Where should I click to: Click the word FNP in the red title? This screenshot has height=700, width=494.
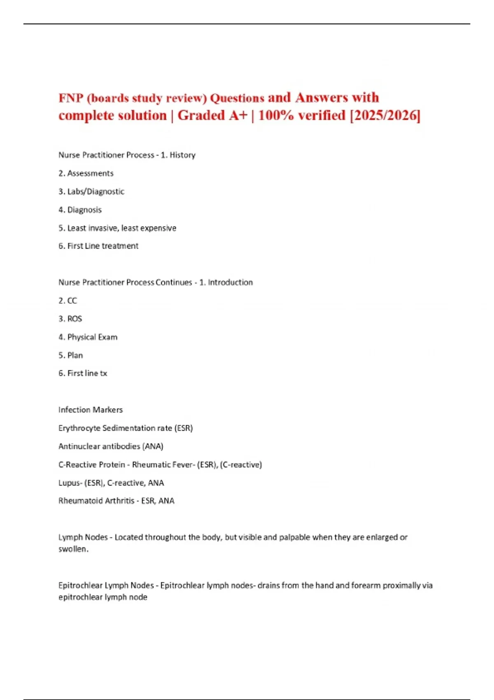click(71, 98)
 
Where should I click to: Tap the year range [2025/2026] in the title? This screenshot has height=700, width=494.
click(385, 115)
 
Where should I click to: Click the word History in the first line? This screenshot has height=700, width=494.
click(182, 155)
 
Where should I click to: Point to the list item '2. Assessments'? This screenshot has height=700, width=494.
click(86, 173)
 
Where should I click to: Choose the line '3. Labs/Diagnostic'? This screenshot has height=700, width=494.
click(91, 191)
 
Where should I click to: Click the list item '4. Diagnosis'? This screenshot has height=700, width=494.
click(80, 210)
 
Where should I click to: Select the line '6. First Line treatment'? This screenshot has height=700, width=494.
click(98, 246)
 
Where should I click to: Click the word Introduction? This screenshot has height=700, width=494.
click(230, 282)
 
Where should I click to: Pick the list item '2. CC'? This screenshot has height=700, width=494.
click(68, 301)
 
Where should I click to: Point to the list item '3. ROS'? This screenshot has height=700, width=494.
click(70, 319)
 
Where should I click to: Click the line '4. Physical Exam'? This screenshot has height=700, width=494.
click(88, 337)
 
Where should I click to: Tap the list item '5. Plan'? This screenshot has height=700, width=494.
click(70, 355)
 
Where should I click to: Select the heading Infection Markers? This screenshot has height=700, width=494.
click(90, 410)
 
